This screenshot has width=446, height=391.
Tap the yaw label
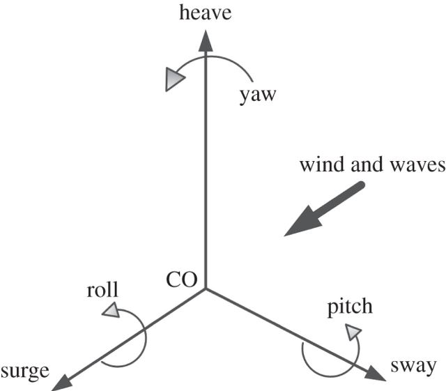point(258,95)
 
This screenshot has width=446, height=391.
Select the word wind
point(318,166)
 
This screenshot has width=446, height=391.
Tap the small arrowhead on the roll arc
point(111,312)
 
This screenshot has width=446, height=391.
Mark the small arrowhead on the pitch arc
point(355,330)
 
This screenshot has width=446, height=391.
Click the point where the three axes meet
point(205,288)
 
